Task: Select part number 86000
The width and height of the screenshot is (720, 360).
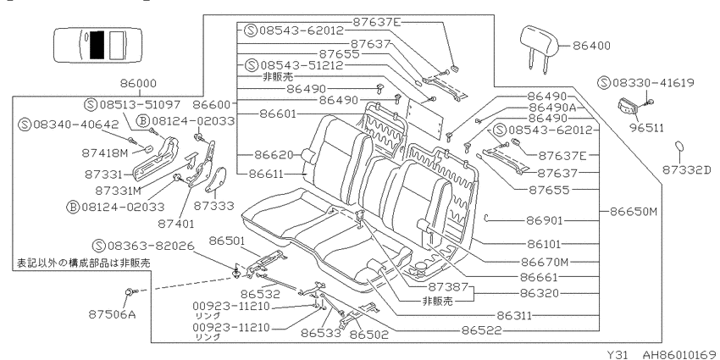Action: pyautogui.click(x=138, y=84)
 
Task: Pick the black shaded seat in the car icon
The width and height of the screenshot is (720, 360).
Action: pyautogui.click(x=97, y=45)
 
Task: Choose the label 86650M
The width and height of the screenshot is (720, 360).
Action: pyautogui.click(x=634, y=212)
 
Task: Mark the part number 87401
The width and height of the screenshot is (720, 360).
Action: pyautogui.click(x=176, y=224)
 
